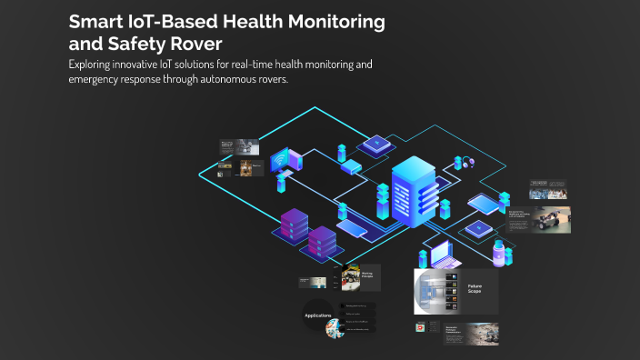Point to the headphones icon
[468, 163]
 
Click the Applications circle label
[317, 315]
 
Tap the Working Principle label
[367, 275]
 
